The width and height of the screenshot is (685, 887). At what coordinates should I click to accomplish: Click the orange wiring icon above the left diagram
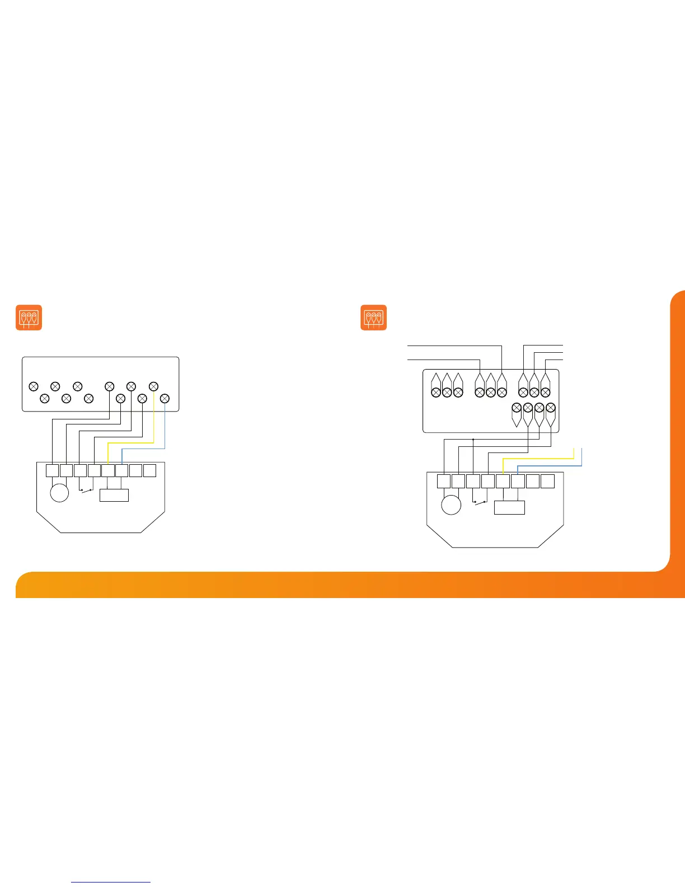click(x=29, y=318)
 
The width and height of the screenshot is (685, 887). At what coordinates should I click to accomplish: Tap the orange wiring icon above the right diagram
click(x=374, y=318)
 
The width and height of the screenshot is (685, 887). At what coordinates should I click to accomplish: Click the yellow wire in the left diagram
click(x=153, y=426)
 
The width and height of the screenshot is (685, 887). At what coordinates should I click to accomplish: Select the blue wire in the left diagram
click(x=165, y=431)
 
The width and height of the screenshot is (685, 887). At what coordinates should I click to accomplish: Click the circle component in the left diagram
click(x=59, y=493)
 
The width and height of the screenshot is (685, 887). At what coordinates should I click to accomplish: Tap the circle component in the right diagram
click(x=451, y=505)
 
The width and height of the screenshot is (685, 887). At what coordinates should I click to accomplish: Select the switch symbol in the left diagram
click(x=87, y=491)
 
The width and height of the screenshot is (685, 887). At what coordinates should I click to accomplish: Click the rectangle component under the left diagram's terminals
click(x=114, y=495)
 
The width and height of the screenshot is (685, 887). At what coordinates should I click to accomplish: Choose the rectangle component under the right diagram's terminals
click(x=509, y=507)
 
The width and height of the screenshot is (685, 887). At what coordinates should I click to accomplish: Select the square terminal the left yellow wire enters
click(x=108, y=470)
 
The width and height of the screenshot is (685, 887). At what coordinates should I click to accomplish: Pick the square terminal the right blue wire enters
click(x=518, y=480)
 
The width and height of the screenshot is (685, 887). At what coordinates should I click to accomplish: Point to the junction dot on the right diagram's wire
click(x=473, y=440)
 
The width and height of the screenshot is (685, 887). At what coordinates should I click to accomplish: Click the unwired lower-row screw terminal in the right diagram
click(x=517, y=408)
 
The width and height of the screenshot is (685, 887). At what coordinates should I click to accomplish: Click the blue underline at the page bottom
click(x=111, y=883)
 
